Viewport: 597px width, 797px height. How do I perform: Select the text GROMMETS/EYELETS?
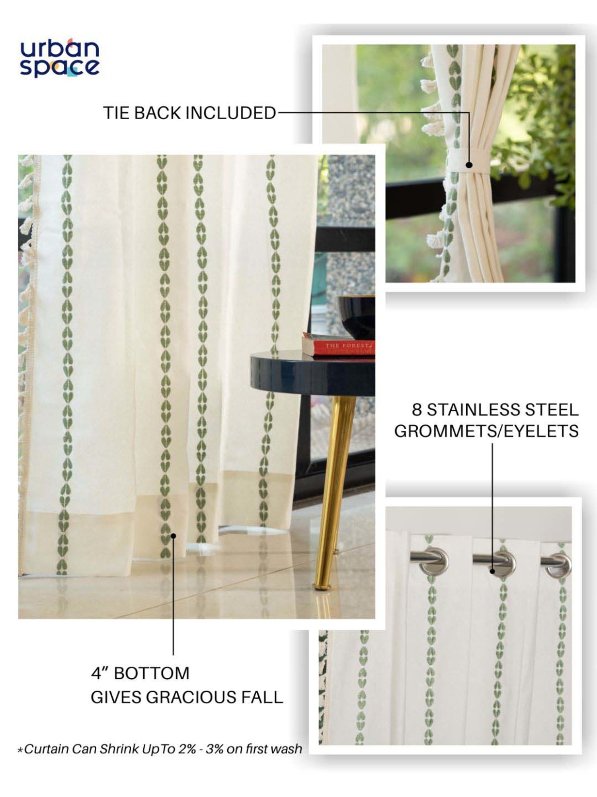click(486, 431)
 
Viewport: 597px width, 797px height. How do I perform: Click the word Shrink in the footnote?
click(118, 749)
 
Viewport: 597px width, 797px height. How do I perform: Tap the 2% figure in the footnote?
click(187, 749)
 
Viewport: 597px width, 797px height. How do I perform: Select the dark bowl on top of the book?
click(357, 317)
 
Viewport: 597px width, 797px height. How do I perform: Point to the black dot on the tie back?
click(469, 165)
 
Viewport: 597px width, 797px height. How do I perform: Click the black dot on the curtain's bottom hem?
click(173, 536)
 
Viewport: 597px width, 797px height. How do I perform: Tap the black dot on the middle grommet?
click(492, 571)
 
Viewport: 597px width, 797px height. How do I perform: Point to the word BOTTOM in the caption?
click(152, 673)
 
